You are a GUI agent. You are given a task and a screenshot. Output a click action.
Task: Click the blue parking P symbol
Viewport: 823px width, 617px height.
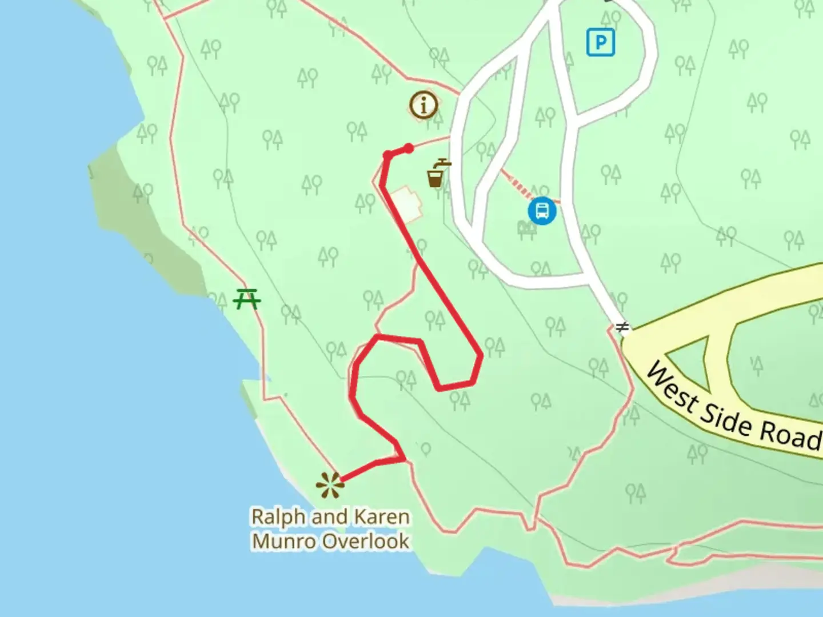pos(601,42)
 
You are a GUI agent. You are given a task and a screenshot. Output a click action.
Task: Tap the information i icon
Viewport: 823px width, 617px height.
pos(424,105)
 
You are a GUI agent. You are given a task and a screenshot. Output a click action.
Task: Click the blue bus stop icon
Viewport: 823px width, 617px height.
pos(542,211)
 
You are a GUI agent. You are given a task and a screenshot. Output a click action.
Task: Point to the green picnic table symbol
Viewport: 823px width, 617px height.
pos(247,299)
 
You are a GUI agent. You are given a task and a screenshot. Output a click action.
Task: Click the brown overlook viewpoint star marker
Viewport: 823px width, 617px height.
pos(330,485)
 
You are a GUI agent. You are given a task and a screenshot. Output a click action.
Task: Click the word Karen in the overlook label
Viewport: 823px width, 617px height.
pos(382,516)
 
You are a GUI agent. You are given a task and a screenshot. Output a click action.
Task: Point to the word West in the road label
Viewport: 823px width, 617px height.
pos(672,386)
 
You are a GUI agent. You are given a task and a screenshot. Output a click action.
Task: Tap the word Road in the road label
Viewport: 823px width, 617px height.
pos(789,435)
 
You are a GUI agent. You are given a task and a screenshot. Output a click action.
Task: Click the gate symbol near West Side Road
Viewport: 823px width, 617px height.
pos(622,327)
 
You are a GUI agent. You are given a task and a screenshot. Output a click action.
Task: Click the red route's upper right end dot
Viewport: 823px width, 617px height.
pos(409,149)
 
